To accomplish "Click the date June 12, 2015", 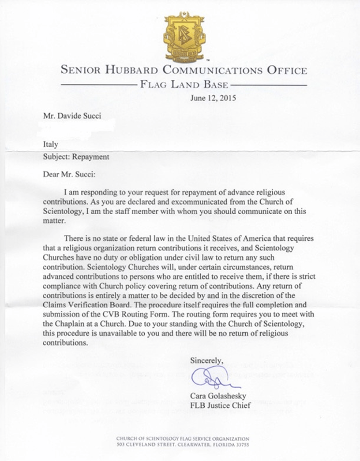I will click(213, 98).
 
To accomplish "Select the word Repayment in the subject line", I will click(93, 156).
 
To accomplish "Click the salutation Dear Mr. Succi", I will click(69, 174).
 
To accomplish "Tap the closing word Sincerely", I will click(207, 361).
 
